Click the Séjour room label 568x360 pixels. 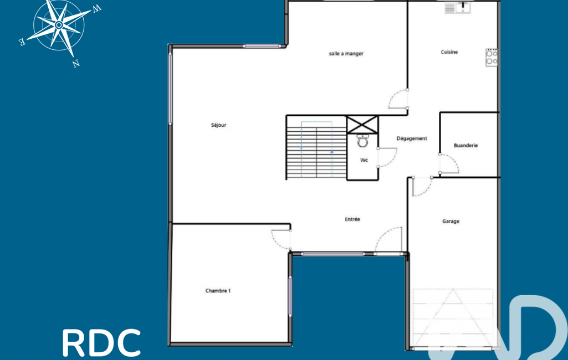tap(218, 125)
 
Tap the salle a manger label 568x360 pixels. tap(346, 54)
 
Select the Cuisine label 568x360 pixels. tap(449, 52)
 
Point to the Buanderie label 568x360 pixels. tap(465, 146)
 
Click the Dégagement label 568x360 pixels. tap(412, 138)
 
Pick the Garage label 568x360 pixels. tap(451, 222)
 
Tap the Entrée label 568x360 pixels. tap(352, 219)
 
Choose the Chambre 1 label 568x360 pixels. tap(218, 291)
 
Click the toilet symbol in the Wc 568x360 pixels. tap(362, 141)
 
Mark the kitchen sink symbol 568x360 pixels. tap(458, 8)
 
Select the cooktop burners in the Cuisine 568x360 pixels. tap(492, 57)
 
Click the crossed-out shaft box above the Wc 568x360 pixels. tap(362, 125)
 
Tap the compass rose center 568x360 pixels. tap(59, 25)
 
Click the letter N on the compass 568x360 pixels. tap(76, 64)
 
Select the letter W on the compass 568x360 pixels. tap(97, 9)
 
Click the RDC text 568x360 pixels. tap(101, 343)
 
